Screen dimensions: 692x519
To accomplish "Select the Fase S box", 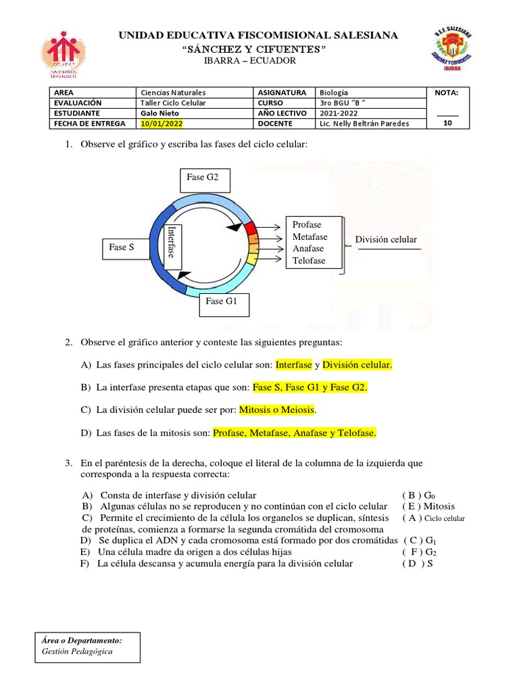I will pos(122,247).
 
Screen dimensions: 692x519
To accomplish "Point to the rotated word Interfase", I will pos(172,242).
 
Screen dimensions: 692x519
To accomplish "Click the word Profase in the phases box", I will pos(307,225).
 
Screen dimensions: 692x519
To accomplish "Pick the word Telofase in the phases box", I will pos(309,261).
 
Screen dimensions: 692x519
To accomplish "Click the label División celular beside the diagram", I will pos(386,240).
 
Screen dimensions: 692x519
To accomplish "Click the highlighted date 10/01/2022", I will pos(162,124).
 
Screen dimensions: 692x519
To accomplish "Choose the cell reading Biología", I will pos(335,93).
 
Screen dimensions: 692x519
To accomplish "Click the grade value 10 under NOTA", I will pos(447,124).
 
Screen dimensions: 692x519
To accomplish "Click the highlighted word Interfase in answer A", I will pos(294,365).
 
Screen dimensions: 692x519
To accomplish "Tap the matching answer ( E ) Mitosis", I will pos(428,506).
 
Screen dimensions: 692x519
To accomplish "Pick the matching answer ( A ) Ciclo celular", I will pos(433,518).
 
